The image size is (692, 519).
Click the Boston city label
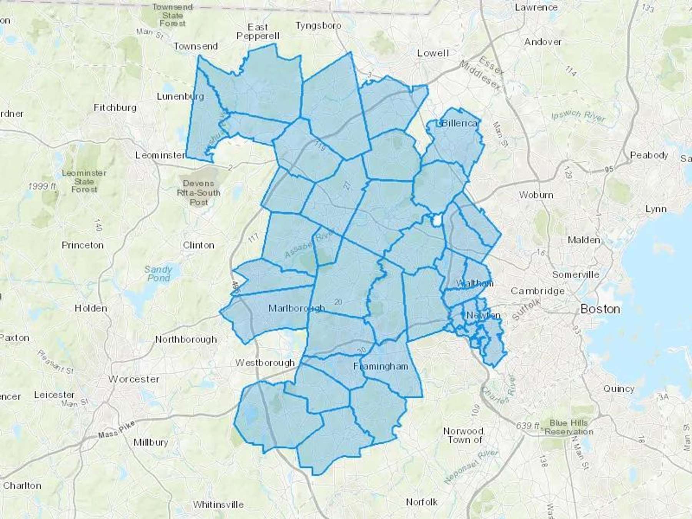600,309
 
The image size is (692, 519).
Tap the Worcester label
134,379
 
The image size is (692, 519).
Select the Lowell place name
433,53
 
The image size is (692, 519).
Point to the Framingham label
381,366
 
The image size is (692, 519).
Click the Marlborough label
296,308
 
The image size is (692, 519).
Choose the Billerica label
460,123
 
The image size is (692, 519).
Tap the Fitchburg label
115,108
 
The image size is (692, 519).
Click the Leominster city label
160,155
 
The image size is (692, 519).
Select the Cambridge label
537,291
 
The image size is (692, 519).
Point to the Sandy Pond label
158,273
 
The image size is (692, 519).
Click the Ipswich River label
578,115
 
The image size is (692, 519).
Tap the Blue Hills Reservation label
569,427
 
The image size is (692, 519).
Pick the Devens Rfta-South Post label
198,193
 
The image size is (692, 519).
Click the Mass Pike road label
116,429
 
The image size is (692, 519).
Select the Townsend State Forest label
172,15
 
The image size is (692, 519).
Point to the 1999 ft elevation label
42,186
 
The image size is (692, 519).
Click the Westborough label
265,363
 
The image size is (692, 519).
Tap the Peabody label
649,155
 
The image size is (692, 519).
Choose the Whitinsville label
218,504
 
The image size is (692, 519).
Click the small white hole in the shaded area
437,221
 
